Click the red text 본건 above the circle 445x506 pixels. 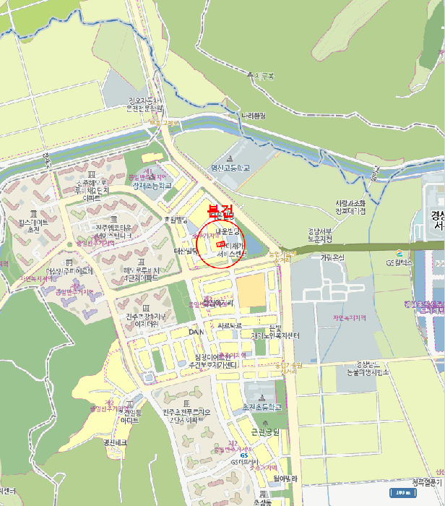click(x=221, y=212)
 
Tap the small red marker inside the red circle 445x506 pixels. click(x=220, y=245)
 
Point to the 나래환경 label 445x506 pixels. click(x=254, y=116)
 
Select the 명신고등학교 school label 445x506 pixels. click(x=230, y=168)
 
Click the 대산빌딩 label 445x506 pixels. click(x=186, y=251)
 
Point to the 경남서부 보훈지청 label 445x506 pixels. click(x=319, y=234)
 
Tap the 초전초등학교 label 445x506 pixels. click(x=261, y=408)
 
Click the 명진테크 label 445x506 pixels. click(x=115, y=442)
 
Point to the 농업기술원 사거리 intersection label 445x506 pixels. click(x=282, y=257)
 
